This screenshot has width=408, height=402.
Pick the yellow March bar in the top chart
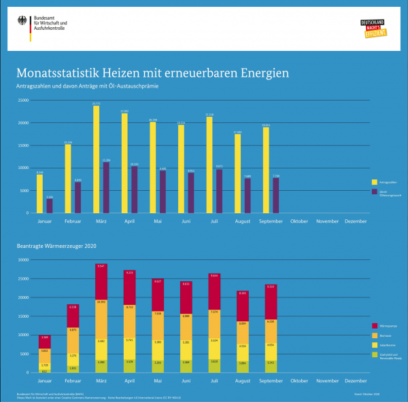(97, 160)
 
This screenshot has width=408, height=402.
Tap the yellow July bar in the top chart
(210, 165)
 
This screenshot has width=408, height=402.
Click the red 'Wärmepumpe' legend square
(374, 325)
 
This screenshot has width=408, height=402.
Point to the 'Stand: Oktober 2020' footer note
(367, 392)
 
